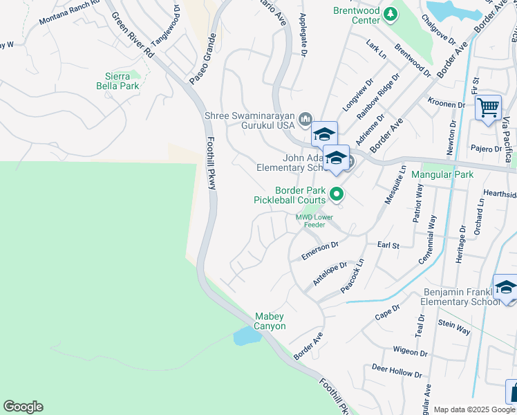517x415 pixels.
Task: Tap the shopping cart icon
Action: pyautogui.click(x=488, y=108)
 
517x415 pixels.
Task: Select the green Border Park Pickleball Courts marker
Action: pyautogui.click(x=337, y=194)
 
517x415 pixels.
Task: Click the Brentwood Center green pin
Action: pyautogui.click(x=391, y=14)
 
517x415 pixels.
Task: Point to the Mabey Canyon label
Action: pyautogui.click(x=270, y=321)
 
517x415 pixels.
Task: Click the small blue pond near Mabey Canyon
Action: pyautogui.click(x=247, y=337)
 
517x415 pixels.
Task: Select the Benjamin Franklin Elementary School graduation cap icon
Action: pyautogui.click(x=506, y=287)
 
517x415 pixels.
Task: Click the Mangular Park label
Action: pyautogui.click(x=442, y=175)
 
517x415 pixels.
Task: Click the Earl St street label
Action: pyautogui.click(x=388, y=246)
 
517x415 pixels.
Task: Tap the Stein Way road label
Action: pyautogui.click(x=453, y=327)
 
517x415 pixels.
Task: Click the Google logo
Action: pyautogui.click(x=23, y=407)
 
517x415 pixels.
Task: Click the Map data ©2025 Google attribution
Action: pyautogui.click(x=474, y=409)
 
